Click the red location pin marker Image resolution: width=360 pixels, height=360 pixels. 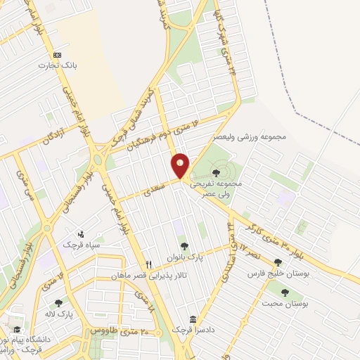pyautogui.click(x=181, y=165)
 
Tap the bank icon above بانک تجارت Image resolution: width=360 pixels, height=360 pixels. pyautogui.click(x=57, y=55)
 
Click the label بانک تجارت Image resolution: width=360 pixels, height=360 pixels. pyautogui.click(x=58, y=65)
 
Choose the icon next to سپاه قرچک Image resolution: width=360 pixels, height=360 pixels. pyautogui.click(x=81, y=234)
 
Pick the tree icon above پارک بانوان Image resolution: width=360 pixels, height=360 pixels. pyautogui.click(x=184, y=246)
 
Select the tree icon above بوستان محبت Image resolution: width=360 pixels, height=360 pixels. pyautogui.click(x=285, y=292)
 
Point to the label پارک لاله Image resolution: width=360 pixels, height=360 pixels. pyautogui.click(x=59, y=314)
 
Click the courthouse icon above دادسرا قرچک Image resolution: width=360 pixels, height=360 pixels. pyautogui.click(x=193, y=319)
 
